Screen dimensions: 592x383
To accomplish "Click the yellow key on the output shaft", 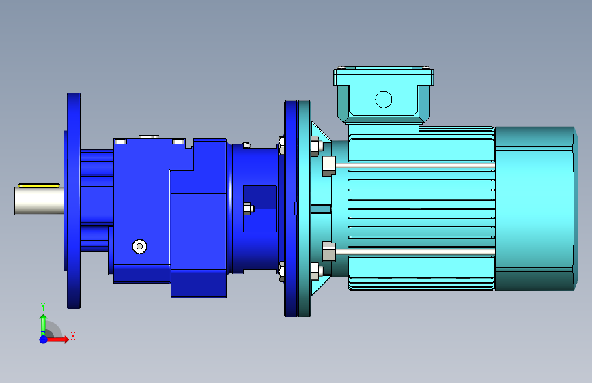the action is [40, 185].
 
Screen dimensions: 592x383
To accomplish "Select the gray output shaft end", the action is [39, 200].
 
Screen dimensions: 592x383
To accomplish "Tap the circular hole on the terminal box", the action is [384, 99].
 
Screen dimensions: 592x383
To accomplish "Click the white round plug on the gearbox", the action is [140, 246].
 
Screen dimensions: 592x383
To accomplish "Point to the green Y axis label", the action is [43, 307].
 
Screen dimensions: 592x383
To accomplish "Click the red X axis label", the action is [73, 336].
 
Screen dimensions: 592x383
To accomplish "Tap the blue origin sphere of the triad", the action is [44, 339].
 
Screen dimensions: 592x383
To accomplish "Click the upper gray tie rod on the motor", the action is [415, 166].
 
